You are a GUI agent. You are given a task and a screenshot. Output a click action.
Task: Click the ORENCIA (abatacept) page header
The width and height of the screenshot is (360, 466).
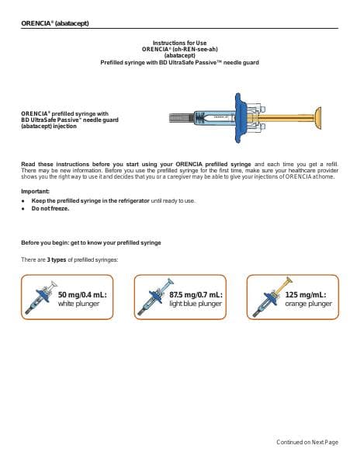55,23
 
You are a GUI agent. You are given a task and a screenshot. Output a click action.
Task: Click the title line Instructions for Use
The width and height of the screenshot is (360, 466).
179,43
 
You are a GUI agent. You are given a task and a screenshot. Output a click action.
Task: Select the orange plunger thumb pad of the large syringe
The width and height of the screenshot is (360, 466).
317,118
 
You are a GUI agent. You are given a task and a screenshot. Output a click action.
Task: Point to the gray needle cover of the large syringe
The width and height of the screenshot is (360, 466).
182,118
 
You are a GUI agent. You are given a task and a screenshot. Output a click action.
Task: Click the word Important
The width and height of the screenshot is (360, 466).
36,191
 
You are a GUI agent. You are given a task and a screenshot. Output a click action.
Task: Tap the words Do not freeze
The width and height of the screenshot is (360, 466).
50,209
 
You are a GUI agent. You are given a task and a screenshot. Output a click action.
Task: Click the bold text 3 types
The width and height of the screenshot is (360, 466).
57,259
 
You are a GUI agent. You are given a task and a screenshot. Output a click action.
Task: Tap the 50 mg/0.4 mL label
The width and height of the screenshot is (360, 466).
82,295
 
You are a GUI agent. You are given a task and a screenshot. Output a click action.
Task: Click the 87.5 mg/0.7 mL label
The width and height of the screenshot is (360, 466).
196,295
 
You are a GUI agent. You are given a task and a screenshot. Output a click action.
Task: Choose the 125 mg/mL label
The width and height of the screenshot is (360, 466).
306,295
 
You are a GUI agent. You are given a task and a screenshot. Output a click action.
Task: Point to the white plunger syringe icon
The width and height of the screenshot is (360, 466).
40,297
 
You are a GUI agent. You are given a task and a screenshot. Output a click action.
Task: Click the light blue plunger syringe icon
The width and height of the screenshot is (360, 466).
155,297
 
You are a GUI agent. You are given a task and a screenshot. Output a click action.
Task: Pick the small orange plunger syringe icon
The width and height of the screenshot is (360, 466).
272,297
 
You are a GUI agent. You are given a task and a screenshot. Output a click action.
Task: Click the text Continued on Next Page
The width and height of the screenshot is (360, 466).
307,442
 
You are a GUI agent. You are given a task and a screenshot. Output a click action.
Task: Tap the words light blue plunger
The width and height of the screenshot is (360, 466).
196,304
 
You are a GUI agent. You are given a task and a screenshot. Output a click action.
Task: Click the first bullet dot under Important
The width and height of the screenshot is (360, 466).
22,201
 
